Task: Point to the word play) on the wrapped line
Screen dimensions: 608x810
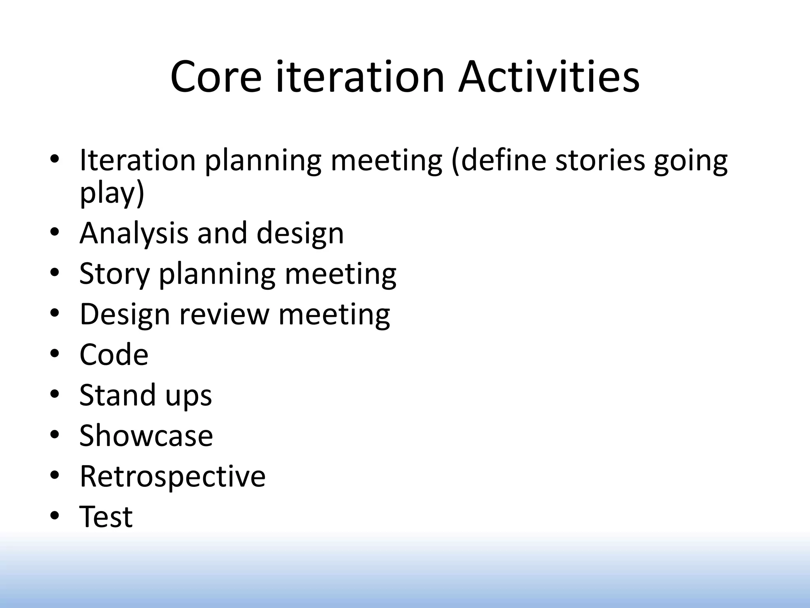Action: point(112,194)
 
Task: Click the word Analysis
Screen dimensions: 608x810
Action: point(134,234)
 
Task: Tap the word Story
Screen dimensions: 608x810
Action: point(114,274)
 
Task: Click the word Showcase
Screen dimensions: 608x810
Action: point(146,435)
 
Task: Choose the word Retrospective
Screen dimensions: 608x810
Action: point(172,476)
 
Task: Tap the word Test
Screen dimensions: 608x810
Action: point(106,517)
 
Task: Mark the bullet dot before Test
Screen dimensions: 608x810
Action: point(55,515)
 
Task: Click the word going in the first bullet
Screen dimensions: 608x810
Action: point(690,161)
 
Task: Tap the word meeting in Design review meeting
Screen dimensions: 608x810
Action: point(334,315)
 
